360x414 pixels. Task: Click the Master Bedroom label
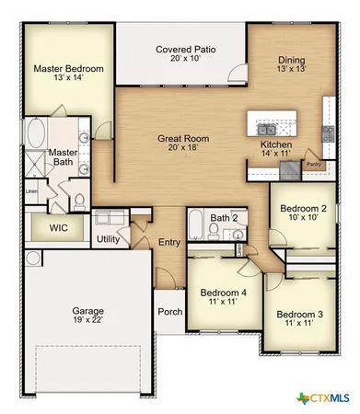(x=68, y=69)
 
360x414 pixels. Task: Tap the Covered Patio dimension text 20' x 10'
(x=186, y=58)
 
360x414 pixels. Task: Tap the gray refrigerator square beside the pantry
(x=291, y=167)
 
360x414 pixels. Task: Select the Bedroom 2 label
(x=304, y=208)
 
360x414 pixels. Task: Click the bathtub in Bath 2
(x=197, y=224)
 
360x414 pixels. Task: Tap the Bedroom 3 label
(x=300, y=315)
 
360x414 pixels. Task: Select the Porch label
(x=169, y=311)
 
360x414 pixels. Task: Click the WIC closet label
(x=57, y=226)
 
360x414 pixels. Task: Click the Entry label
(x=168, y=242)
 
